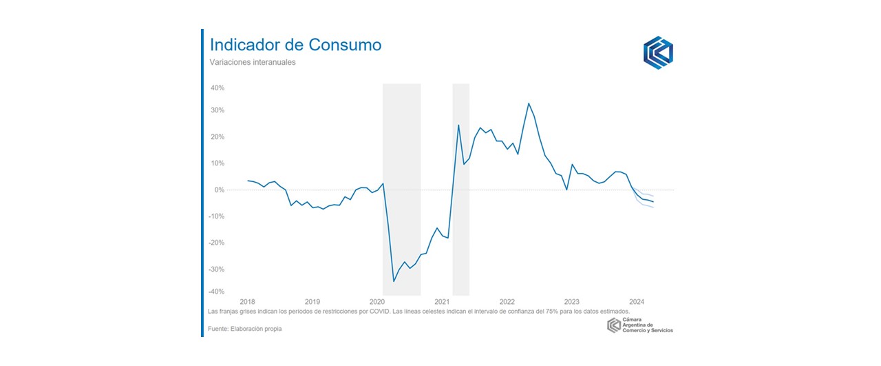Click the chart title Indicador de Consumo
pyautogui.click(x=295, y=45)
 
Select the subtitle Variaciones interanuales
pyautogui.click(x=253, y=63)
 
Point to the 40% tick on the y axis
pyautogui.click(x=217, y=88)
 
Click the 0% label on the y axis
pyautogui.click(x=220, y=190)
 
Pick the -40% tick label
pyautogui.click(x=217, y=292)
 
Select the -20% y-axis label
pyautogui.click(x=217, y=243)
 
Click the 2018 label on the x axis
pyautogui.click(x=247, y=302)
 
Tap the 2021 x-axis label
pyautogui.click(x=442, y=302)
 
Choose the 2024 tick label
pyautogui.click(x=637, y=302)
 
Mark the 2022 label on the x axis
pyautogui.click(x=507, y=302)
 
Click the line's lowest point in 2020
pyautogui.click(x=394, y=281)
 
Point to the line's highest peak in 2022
pyautogui.click(x=529, y=103)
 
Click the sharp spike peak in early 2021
pyautogui.click(x=458, y=125)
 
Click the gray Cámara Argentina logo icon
pyautogui.click(x=613, y=326)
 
